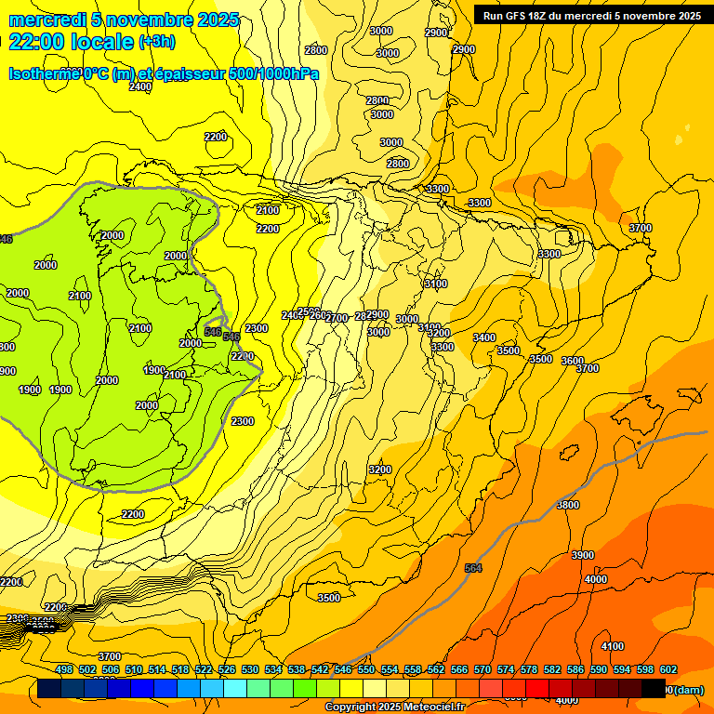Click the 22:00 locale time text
point(71,41)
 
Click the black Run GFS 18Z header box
point(592,15)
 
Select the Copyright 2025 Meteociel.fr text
point(395,707)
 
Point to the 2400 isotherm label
point(139,86)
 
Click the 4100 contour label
point(612,646)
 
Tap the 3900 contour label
point(582,555)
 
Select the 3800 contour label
point(567,505)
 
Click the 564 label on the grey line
point(473,568)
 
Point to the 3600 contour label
point(573,361)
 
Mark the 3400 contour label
point(483,337)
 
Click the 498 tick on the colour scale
point(64,669)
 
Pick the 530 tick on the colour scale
point(250,669)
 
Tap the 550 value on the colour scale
point(366,669)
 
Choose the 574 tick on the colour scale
point(506,669)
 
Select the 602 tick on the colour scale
point(668,669)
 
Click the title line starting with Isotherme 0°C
point(164,73)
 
